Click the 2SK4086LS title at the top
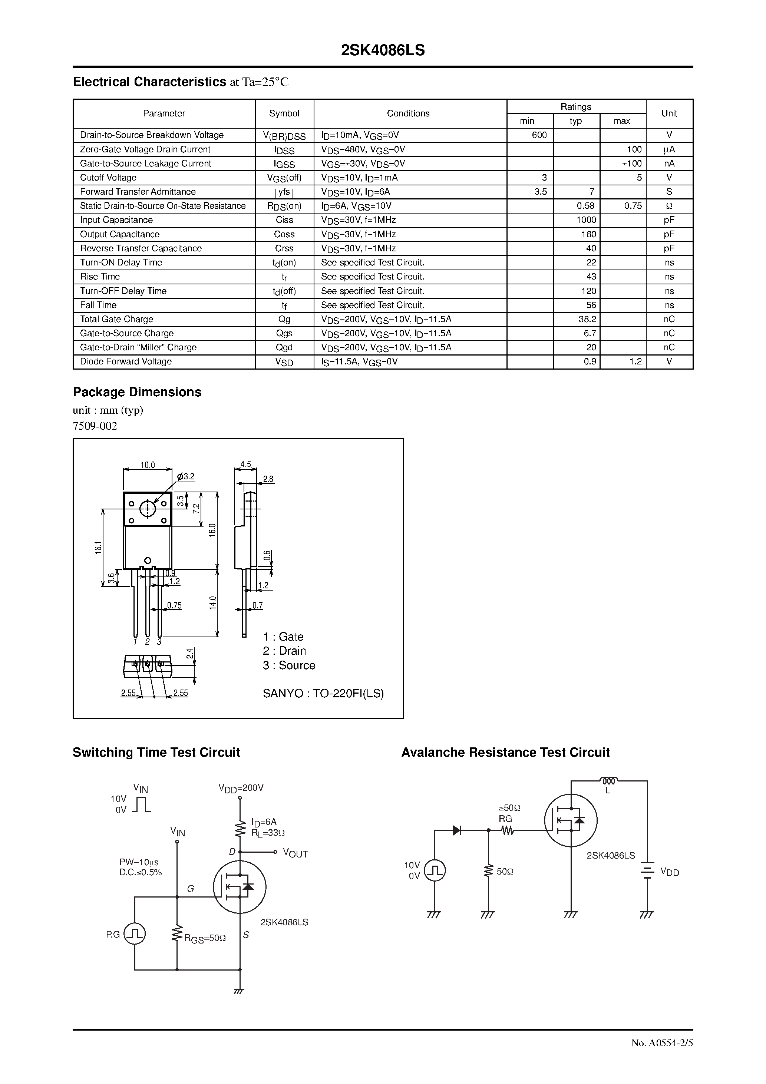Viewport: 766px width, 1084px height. pyautogui.click(x=383, y=50)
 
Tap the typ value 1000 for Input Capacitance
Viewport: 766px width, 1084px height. pyautogui.click(x=586, y=220)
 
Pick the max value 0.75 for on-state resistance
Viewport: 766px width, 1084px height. pyautogui.click(x=633, y=206)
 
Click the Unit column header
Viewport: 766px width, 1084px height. pyautogui.click(x=669, y=113)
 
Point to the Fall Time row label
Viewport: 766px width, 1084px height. pyautogui.click(x=98, y=305)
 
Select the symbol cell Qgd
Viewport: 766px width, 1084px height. pyautogui.click(x=284, y=347)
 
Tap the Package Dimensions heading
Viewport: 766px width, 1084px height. pyautogui.click(x=137, y=392)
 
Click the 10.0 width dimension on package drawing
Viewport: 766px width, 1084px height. pyautogui.click(x=147, y=465)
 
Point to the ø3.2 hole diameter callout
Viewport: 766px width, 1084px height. pyautogui.click(x=186, y=476)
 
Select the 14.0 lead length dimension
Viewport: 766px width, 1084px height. pyautogui.click(x=212, y=603)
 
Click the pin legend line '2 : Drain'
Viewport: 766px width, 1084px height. pyautogui.click(x=284, y=651)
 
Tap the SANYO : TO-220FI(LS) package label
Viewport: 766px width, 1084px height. pyautogui.click(x=323, y=694)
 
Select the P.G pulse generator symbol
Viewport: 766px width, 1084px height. pyautogui.click(x=134, y=934)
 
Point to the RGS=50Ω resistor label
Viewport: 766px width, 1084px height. pyautogui.click(x=205, y=939)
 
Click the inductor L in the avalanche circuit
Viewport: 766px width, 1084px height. pyautogui.click(x=608, y=781)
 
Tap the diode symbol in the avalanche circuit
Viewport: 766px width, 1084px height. pyautogui.click(x=457, y=830)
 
